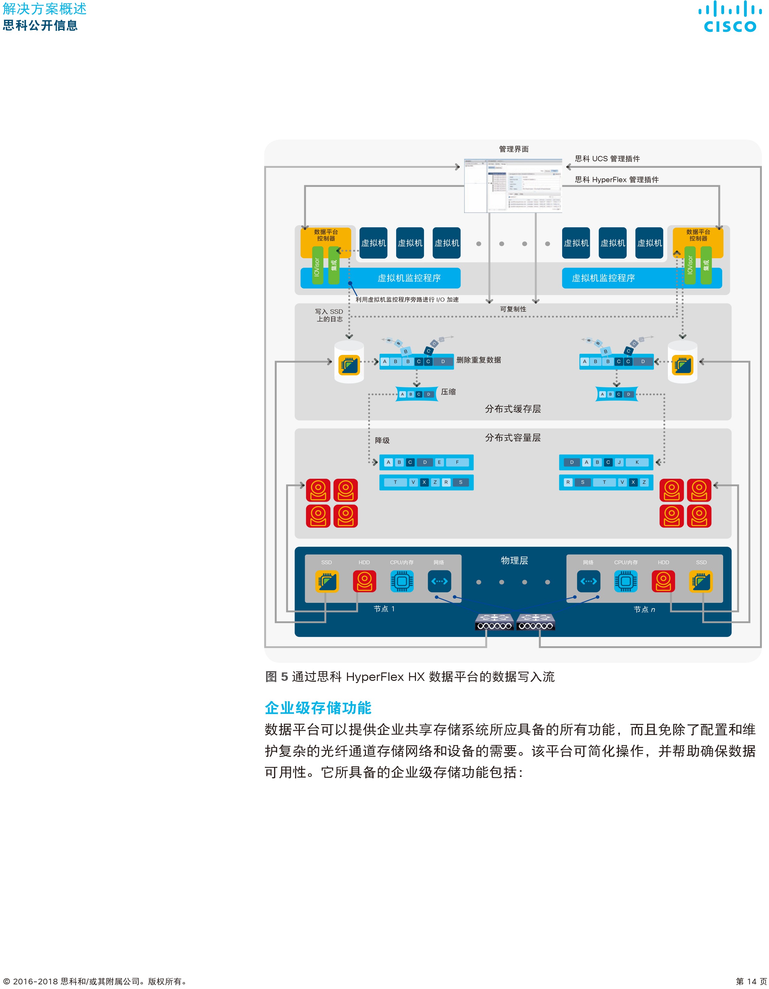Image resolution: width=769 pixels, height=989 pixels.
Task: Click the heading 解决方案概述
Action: pos(44,9)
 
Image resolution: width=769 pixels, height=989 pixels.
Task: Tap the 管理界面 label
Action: pos(513,149)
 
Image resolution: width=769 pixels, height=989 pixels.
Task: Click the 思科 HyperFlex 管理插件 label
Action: pos(616,180)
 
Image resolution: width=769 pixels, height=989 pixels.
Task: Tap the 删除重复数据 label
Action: pos(478,360)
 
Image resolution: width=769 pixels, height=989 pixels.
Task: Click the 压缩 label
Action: pos(448,392)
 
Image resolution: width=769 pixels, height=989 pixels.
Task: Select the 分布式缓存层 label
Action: pos(513,409)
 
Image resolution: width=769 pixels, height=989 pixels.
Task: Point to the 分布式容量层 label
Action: pos(513,438)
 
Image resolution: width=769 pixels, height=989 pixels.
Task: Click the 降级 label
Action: pos(382,440)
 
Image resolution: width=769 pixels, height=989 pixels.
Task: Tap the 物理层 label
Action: pos(514,560)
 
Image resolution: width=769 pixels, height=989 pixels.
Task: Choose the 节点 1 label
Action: pos(384,609)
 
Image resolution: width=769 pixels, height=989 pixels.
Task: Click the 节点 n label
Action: pos(644,609)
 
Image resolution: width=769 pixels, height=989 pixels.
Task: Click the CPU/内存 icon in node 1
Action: pos(402,581)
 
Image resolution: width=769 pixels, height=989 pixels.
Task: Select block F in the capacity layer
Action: pos(457,462)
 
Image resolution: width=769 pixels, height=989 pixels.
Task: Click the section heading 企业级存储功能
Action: pos(318,708)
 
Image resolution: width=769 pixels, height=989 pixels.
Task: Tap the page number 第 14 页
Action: pos(751,981)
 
